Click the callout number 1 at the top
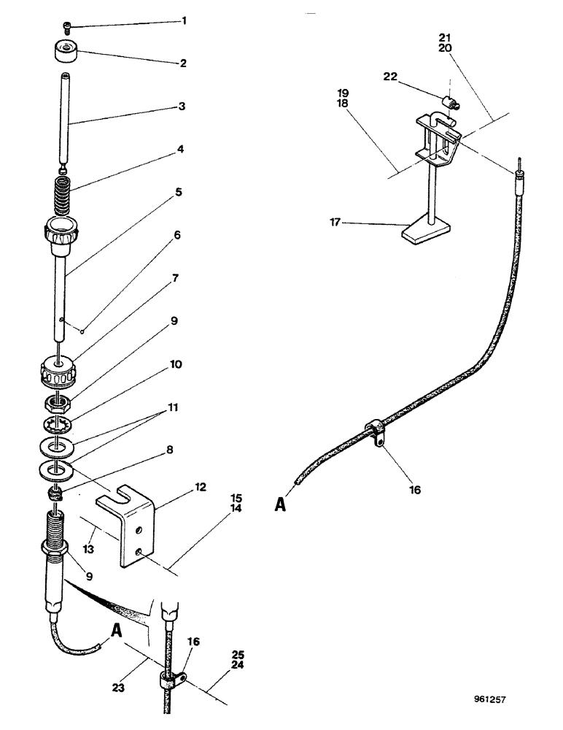click(184, 20)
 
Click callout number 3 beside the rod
click(182, 107)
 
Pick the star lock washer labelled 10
click(57, 425)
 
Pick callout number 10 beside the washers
click(178, 364)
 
